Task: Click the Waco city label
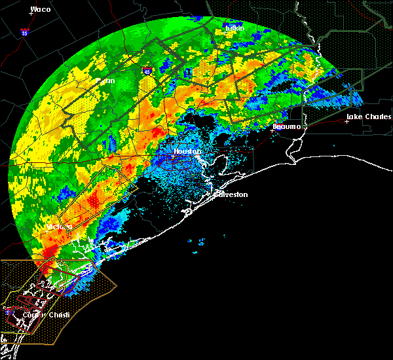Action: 41,9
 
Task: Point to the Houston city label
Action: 185,151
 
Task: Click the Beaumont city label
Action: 287,126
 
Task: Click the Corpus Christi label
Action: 36,315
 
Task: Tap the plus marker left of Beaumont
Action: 271,130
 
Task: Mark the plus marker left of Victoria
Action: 45,230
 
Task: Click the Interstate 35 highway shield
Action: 24,31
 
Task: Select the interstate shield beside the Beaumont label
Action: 280,130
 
